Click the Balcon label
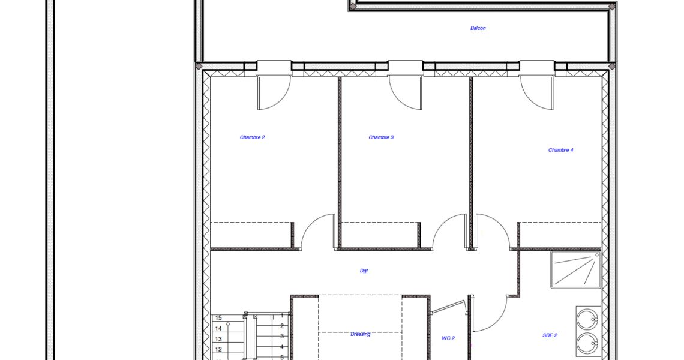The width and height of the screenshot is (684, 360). coord(478,28)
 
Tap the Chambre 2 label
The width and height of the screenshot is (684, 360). coord(252,137)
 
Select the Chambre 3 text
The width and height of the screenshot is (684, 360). coord(381,137)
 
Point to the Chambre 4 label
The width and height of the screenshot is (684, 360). coord(560,150)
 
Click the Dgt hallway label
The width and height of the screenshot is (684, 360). coord(364,271)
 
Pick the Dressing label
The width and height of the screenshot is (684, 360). coord(360,334)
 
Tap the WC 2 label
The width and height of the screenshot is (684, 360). coord(448,338)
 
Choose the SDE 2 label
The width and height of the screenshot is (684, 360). coord(550,335)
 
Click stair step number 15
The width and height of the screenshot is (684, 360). coord(218,317)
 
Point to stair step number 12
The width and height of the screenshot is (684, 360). coord(218,349)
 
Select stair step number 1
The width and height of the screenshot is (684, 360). coord(282,316)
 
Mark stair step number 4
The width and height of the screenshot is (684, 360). coord(282,347)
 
